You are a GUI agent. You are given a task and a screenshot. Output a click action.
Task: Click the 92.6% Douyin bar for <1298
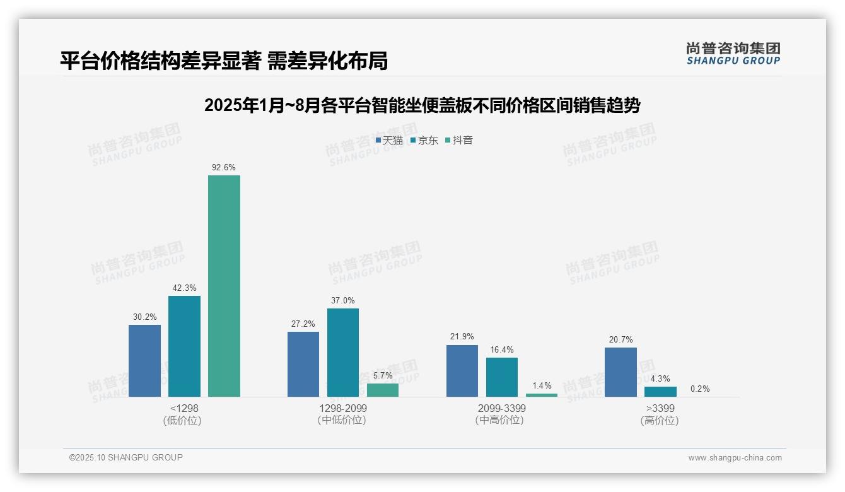224,286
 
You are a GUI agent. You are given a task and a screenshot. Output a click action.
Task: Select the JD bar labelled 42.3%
184,346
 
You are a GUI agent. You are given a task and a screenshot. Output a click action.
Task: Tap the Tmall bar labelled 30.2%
144,361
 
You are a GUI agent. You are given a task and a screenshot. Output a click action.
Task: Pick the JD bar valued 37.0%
342,353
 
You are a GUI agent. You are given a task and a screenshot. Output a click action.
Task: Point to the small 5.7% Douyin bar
383,390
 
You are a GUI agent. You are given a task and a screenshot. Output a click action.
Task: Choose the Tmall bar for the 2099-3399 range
462,371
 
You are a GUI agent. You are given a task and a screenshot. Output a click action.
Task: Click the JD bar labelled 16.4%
502,377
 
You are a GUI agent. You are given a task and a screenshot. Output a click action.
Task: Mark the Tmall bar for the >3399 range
621,372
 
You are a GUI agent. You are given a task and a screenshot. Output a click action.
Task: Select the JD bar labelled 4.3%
660,392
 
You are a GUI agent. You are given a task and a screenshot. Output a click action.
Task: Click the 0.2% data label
700,389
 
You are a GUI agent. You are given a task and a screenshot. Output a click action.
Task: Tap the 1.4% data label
542,385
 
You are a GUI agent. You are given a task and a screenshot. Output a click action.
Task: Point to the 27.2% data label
303,324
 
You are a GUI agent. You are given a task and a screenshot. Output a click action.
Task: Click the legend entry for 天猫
389,141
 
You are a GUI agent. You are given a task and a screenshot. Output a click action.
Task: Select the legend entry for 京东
424,141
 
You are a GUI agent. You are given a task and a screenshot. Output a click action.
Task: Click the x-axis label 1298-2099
342,409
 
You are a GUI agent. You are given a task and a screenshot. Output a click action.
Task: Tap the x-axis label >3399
660,409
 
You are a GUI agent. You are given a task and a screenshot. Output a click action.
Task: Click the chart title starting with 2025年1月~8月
422,105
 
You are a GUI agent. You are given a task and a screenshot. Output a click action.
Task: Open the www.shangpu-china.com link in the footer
735,458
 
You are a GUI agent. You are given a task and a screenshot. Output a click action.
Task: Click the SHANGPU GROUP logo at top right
733,53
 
